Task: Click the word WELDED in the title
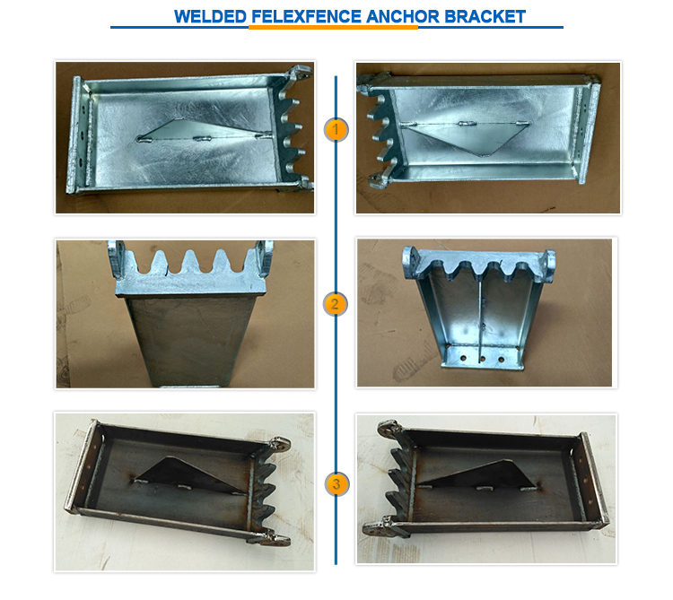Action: pos(210,17)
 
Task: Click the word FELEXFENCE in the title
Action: pos(306,17)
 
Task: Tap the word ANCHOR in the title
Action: pos(403,17)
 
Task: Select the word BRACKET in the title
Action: pos(485,17)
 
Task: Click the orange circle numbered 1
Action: pos(336,129)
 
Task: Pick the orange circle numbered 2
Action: pos(335,304)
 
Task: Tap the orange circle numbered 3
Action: pos(336,484)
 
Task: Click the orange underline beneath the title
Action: pos(333,28)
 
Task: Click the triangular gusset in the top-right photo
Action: pos(468,137)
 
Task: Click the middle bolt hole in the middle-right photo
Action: pos(482,359)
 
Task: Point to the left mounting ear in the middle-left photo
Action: pos(117,258)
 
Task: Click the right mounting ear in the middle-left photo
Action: pos(265,257)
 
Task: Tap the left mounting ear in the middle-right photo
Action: pos(411,262)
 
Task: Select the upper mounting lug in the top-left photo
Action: pos(299,72)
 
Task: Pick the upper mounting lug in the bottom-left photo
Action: pos(278,444)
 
